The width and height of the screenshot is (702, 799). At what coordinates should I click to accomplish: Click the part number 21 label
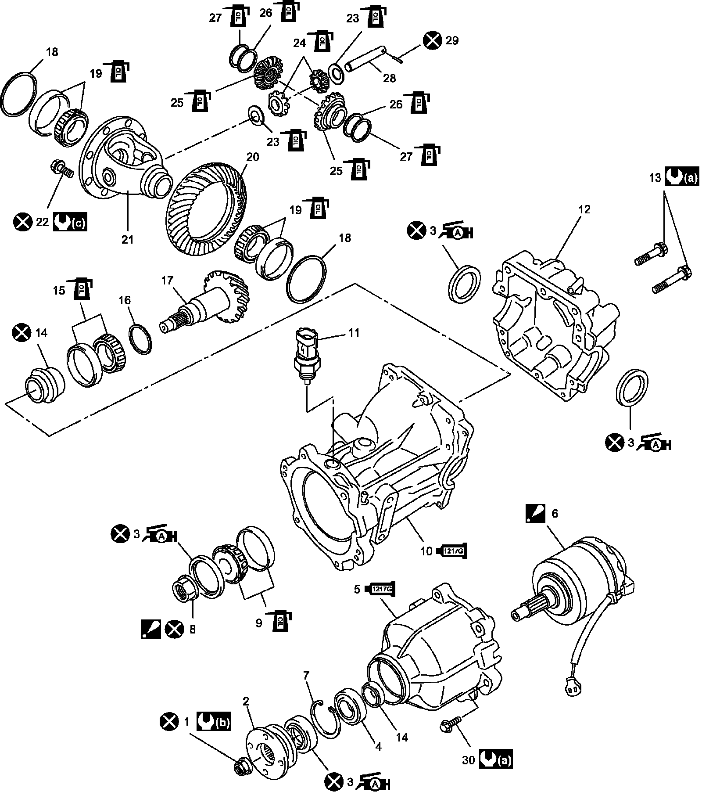[x=128, y=239]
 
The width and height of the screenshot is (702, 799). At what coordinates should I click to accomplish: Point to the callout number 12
[x=584, y=209]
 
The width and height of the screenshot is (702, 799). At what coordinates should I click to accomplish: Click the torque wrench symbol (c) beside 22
[x=70, y=223]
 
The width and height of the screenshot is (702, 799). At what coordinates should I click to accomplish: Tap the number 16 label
[x=125, y=300]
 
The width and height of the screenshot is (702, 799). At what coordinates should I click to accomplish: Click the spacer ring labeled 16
[x=141, y=338]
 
